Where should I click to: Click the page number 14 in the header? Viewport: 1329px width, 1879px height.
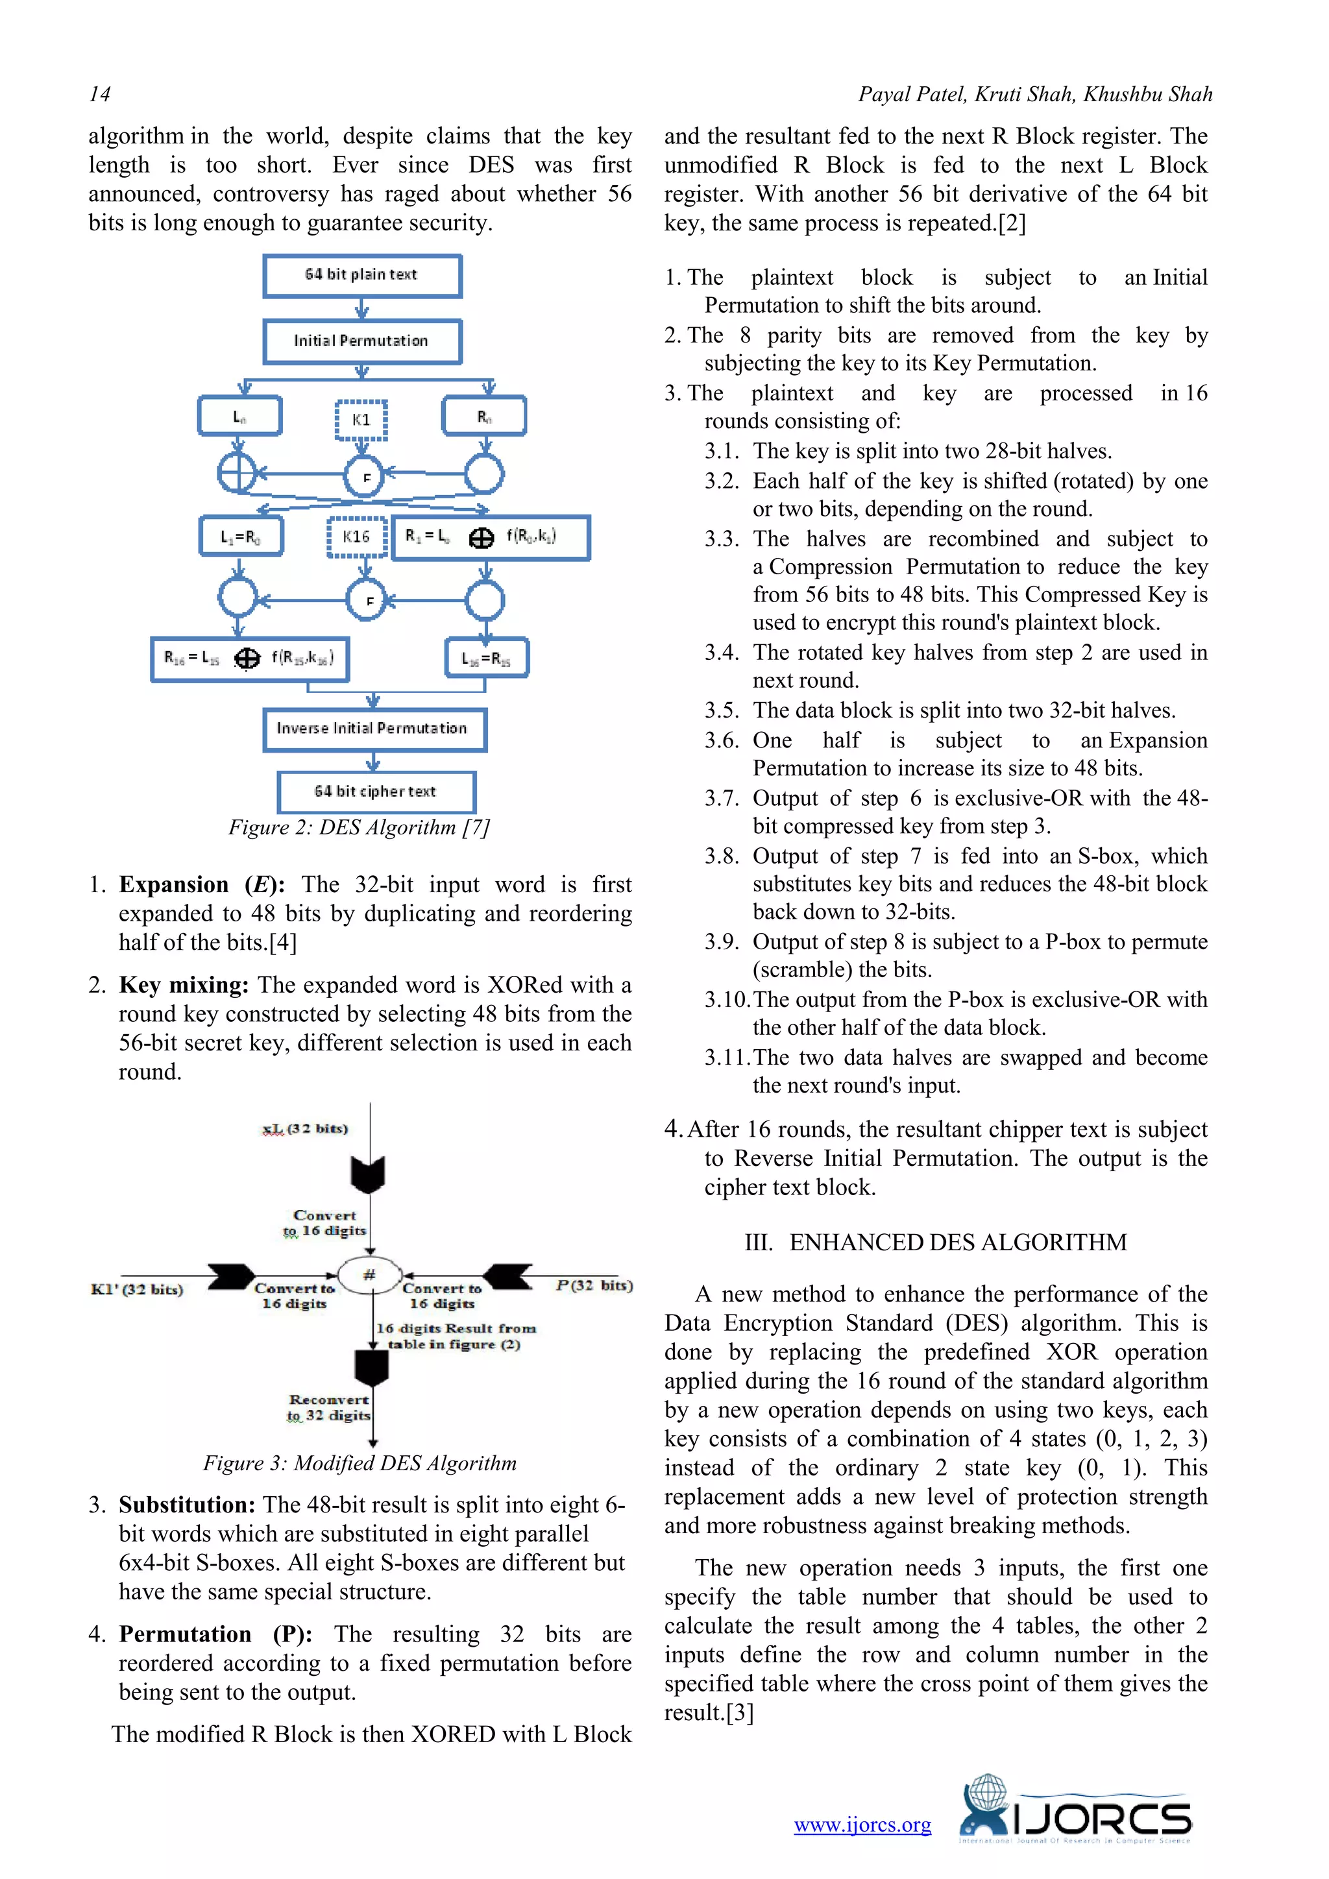point(100,95)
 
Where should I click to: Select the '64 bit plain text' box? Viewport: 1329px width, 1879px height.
point(361,275)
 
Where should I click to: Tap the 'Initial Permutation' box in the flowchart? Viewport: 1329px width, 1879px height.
point(361,341)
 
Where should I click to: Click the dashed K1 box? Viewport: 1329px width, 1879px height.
point(361,420)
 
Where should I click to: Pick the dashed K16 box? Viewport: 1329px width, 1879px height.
point(356,537)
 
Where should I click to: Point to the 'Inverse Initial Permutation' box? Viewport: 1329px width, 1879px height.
point(374,729)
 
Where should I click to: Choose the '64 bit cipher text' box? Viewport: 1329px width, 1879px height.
point(376,792)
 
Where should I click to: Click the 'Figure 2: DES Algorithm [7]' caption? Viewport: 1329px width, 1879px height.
point(358,827)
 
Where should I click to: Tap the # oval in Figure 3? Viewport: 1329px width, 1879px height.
point(370,1275)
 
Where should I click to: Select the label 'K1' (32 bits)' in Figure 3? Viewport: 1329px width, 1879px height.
point(138,1290)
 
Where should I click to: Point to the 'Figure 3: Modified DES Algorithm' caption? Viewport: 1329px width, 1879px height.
point(360,1463)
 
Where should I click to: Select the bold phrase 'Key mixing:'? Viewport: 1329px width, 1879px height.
point(183,986)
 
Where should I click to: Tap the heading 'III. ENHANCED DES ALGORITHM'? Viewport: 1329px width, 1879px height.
point(935,1243)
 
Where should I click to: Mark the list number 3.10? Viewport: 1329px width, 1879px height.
point(727,1000)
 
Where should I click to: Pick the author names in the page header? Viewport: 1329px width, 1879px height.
point(1034,95)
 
